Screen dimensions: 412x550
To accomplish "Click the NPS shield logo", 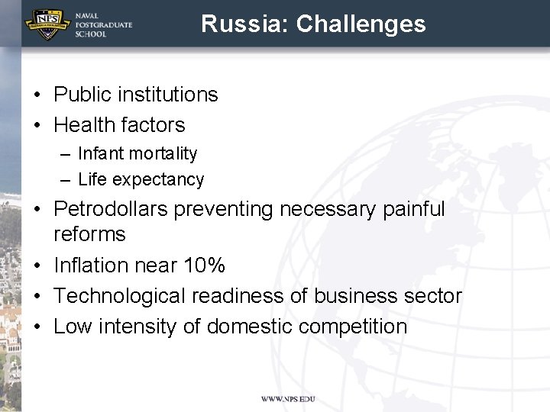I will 47,24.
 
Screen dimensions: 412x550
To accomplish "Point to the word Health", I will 85,125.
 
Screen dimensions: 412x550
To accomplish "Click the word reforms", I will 89,234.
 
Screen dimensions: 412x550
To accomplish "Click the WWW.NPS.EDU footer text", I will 288,399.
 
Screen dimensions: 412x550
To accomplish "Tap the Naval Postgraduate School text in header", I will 103,24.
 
